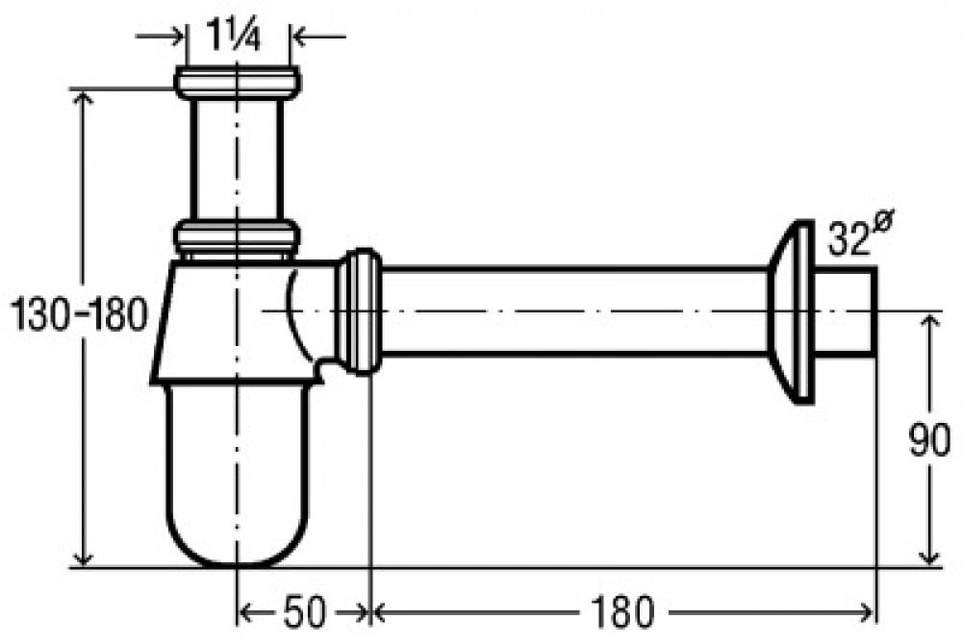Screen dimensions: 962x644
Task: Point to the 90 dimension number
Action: [929, 440]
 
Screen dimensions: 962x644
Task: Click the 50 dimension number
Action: [303, 612]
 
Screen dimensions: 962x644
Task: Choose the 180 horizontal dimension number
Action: [622, 612]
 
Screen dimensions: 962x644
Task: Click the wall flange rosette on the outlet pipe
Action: [792, 311]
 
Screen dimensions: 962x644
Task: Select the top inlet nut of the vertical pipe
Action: [238, 83]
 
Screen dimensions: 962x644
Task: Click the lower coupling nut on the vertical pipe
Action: [238, 237]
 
